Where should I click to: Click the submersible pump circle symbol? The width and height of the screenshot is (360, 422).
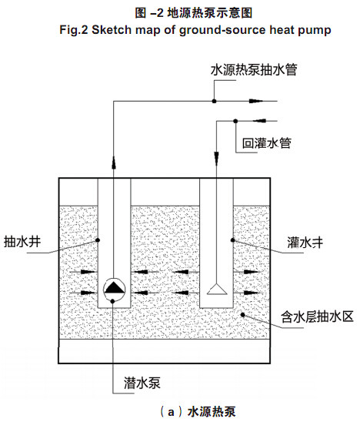click(x=115, y=289)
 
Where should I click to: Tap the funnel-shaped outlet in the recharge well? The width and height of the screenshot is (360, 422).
click(x=217, y=290)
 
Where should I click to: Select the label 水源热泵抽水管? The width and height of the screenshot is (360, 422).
click(x=254, y=70)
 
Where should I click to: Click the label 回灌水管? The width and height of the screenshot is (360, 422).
click(x=267, y=143)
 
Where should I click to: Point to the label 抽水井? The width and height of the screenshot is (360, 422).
click(x=22, y=241)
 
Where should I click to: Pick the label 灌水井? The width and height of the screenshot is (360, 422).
click(x=305, y=243)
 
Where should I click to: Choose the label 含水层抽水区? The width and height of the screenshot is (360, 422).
click(x=317, y=316)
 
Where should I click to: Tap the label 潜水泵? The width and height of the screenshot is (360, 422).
click(x=142, y=383)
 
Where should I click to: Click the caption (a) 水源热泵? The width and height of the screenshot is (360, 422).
click(x=198, y=412)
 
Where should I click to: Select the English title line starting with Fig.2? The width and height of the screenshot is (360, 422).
click(x=195, y=29)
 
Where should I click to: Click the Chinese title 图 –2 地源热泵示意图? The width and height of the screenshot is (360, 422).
click(x=194, y=12)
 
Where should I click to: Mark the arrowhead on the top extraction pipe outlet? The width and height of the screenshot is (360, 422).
click(x=256, y=101)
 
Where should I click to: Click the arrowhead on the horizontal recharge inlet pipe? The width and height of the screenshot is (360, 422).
click(x=259, y=121)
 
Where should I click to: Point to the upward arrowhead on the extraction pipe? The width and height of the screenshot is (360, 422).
click(x=114, y=162)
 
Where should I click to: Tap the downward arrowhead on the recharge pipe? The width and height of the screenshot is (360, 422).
click(x=216, y=159)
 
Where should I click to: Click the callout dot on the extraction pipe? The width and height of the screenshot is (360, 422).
click(x=214, y=101)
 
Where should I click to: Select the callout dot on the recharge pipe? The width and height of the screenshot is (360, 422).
click(x=235, y=121)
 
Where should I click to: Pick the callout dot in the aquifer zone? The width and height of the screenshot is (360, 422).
click(x=242, y=314)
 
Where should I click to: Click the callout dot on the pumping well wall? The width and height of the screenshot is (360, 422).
click(x=98, y=239)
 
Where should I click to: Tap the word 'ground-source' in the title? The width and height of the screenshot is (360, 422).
click(x=222, y=30)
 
